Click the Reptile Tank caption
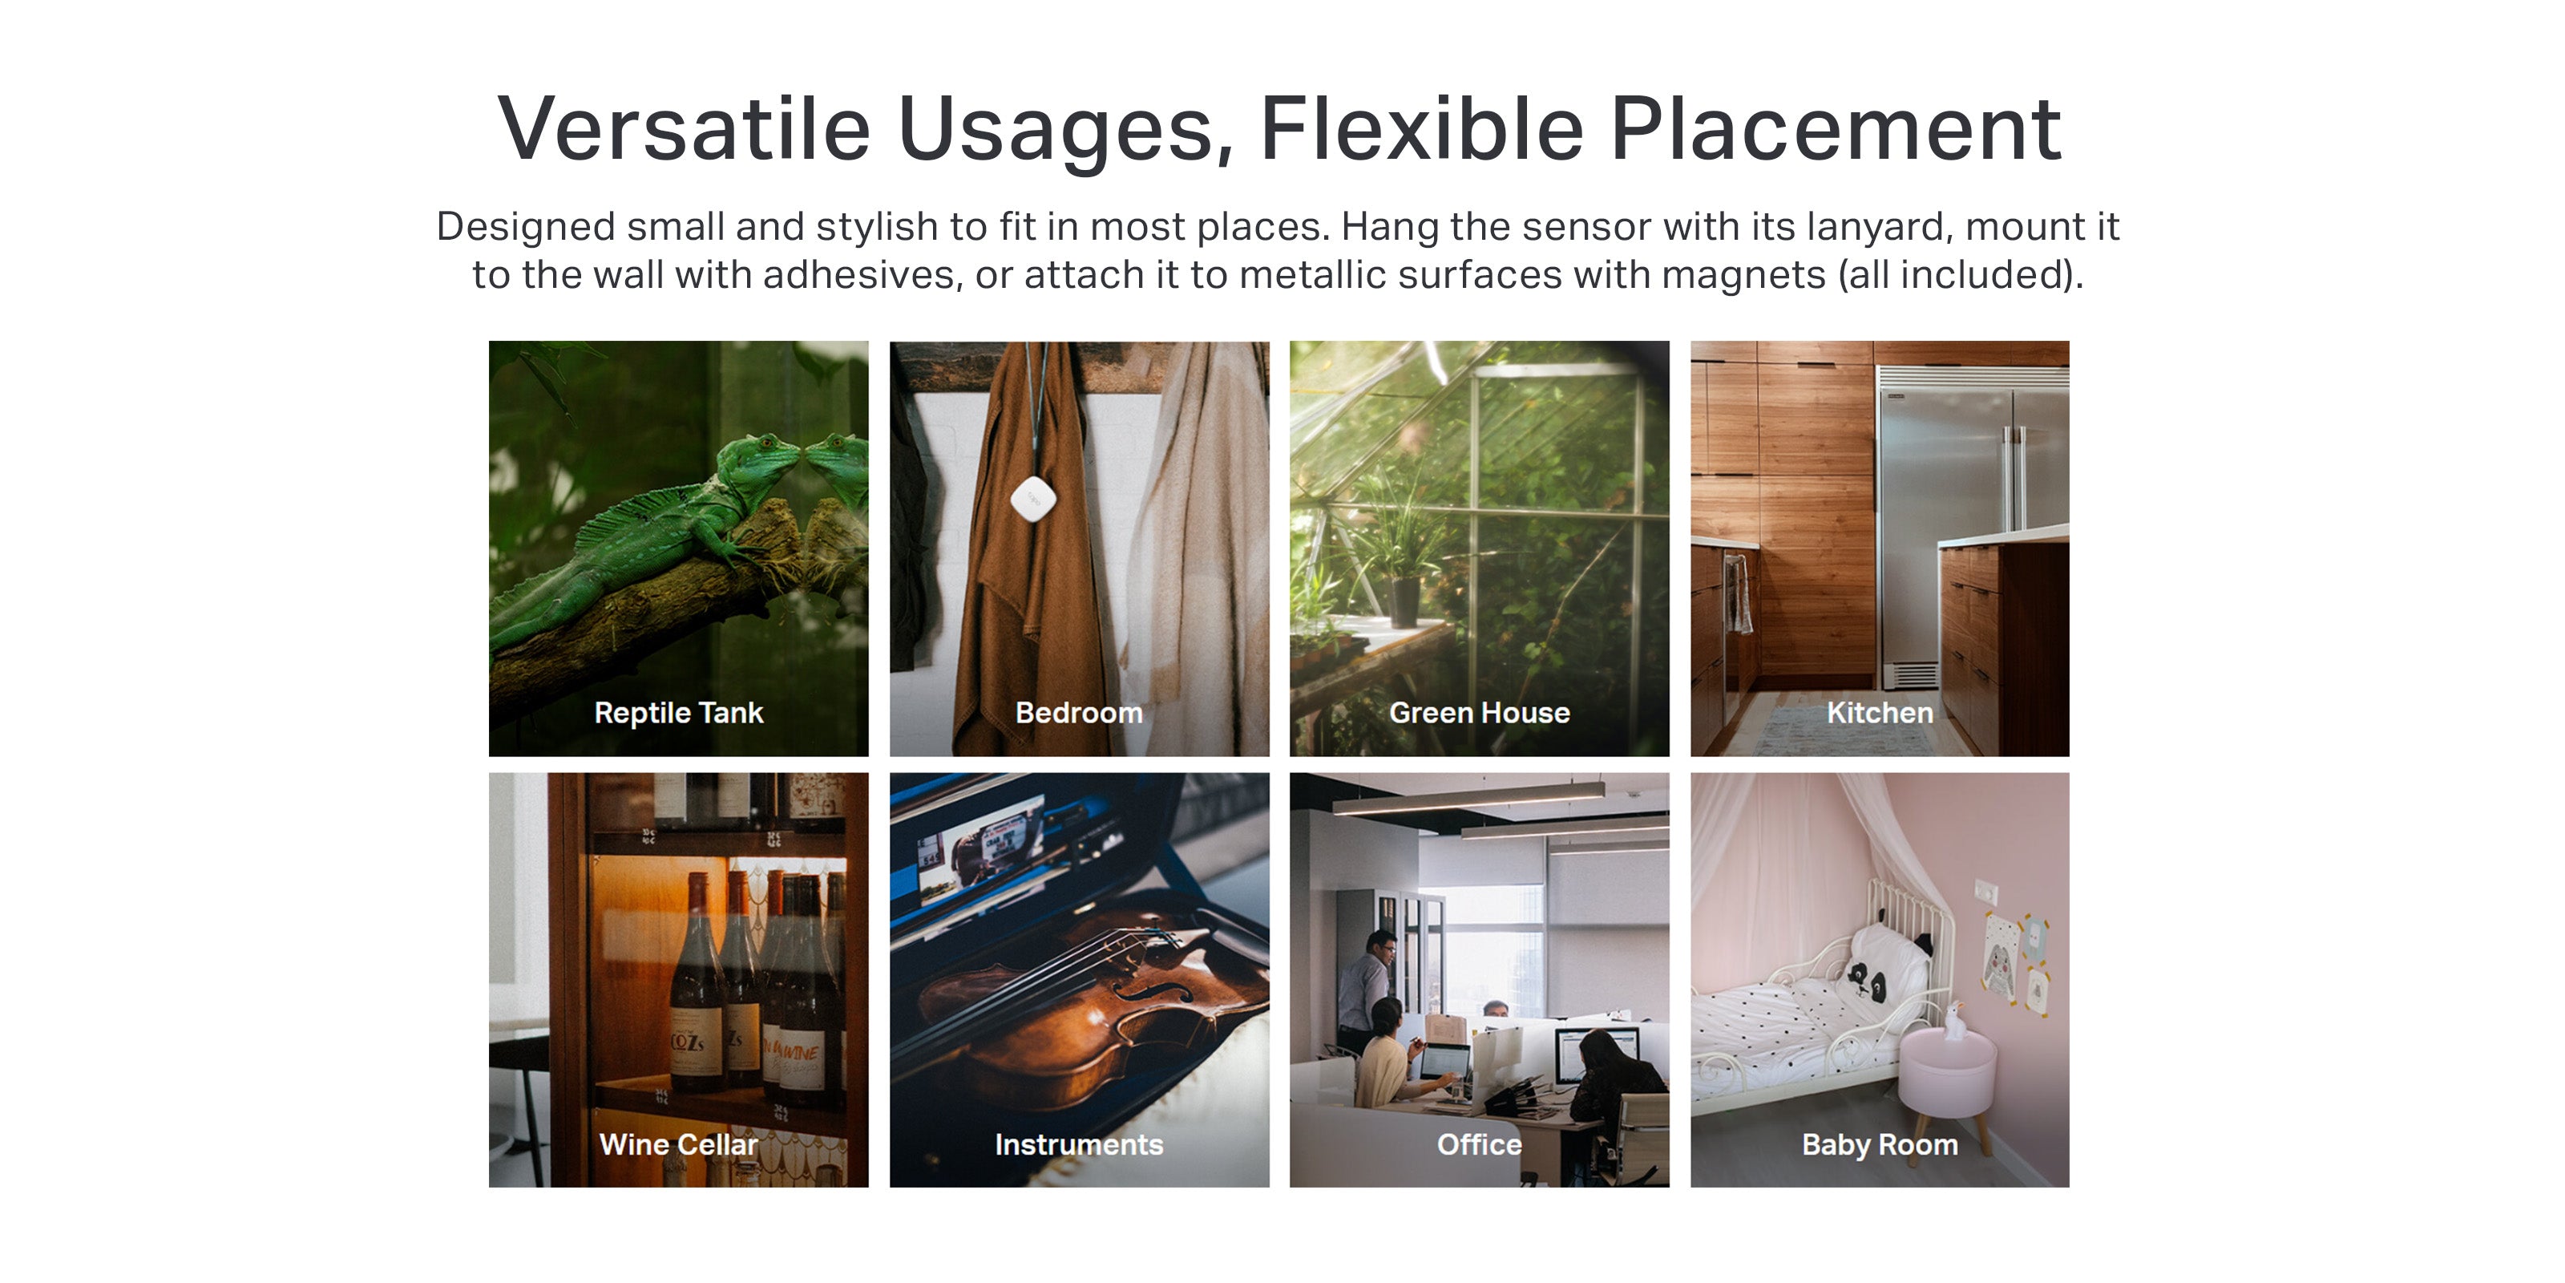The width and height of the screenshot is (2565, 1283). (x=678, y=713)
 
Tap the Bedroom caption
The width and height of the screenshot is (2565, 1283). (x=1078, y=713)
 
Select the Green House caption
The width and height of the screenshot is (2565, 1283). (x=1479, y=713)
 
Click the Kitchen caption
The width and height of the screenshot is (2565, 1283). (x=1879, y=713)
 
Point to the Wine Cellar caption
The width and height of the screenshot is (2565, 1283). (x=678, y=1144)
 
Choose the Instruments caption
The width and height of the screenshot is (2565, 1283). (x=1078, y=1144)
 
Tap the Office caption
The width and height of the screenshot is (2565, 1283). (x=1479, y=1144)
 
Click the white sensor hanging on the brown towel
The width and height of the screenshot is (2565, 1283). (x=1032, y=498)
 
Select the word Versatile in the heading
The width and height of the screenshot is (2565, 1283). (x=684, y=129)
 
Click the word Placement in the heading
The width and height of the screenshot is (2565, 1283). (x=1835, y=129)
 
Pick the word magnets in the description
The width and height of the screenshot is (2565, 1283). (x=1743, y=276)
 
